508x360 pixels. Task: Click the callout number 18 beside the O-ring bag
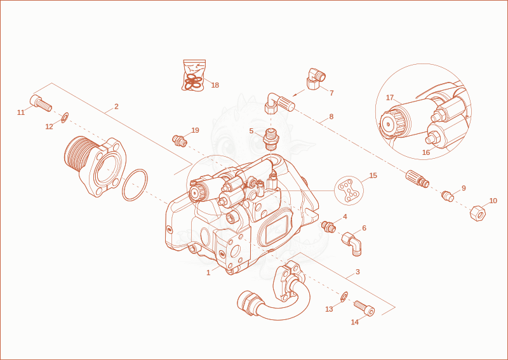click(x=215, y=85)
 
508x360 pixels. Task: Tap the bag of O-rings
click(x=194, y=75)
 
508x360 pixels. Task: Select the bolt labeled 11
click(x=41, y=103)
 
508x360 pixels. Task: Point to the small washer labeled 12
click(x=65, y=117)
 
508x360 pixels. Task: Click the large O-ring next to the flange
click(x=135, y=185)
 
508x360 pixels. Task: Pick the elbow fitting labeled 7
click(x=316, y=79)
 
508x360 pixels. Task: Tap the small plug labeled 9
click(x=448, y=196)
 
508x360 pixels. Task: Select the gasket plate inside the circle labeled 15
click(x=348, y=191)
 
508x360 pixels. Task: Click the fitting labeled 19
click(x=180, y=140)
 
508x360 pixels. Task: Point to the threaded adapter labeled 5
click(x=271, y=139)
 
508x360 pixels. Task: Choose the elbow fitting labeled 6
click(x=352, y=243)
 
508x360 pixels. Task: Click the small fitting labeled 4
click(x=328, y=227)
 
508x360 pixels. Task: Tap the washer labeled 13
click(x=344, y=296)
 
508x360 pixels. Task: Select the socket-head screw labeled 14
click(x=364, y=308)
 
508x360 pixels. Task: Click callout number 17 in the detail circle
click(x=390, y=98)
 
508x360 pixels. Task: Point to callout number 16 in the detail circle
click(x=426, y=152)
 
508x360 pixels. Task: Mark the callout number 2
click(x=116, y=107)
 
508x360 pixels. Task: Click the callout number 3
click(x=358, y=272)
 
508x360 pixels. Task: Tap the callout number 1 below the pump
click(x=208, y=273)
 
